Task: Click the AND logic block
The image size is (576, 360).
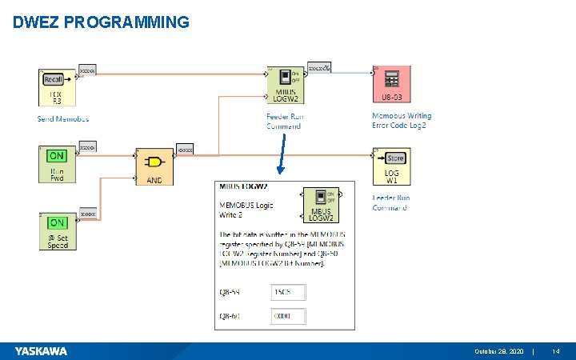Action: click(x=154, y=166)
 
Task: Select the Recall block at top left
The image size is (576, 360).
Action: click(x=56, y=87)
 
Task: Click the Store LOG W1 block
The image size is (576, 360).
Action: click(x=392, y=165)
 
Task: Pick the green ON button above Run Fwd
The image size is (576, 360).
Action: click(x=58, y=155)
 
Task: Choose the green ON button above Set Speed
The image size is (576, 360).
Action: click(x=58, y=222)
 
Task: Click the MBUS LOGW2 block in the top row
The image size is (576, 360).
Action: click(x=285, y=85)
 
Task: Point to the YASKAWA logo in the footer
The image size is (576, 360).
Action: click(x=41, y=351)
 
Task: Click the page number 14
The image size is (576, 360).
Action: click(x=556, y=351)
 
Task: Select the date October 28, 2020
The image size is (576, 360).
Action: click(x=499, y=351)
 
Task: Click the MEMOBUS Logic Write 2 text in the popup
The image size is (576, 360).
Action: click(x=246, y=210)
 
